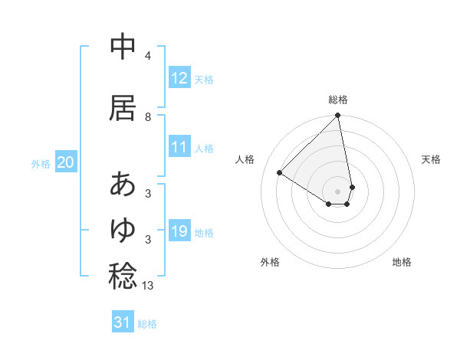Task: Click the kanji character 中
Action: coord(123,48)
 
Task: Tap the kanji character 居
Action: coord(123,108)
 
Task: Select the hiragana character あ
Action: coord(123,184)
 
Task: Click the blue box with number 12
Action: coord(179,78)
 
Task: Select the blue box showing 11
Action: coord(179,148)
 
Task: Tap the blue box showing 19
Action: coord(179,231)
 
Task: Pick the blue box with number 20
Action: coord(66,162)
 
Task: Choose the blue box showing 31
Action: coord(123,322)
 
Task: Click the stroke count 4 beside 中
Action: coord(148,56)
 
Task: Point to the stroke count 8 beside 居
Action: coord(148,116)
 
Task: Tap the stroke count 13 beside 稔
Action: coord(149,285)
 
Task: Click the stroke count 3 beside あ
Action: coord(148,192)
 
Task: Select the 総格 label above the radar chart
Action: coord(338,100)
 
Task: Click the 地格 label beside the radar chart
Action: coord(402,262)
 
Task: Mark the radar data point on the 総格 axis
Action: coord(338,116)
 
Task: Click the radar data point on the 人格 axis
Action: coord(280,173)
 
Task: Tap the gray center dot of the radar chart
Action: coord(338,190)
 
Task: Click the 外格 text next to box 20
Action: coord(41,163)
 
